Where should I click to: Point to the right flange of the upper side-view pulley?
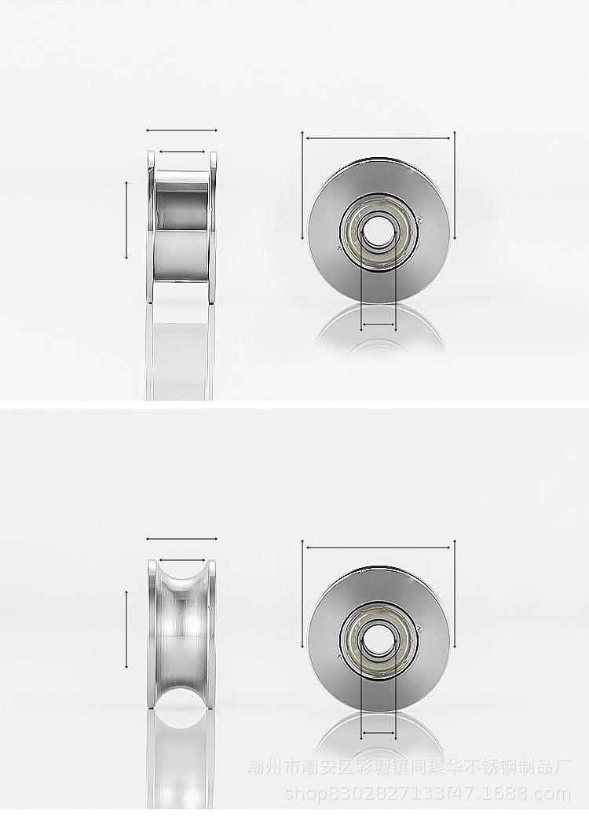click(x=213, y=227)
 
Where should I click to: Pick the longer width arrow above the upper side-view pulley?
click(x=181, y=130)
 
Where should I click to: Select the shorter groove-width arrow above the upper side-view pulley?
click(x=181, y=152)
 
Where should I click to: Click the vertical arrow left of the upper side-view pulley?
click(x=126, y=220)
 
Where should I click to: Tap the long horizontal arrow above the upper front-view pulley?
click(x=379, y=138)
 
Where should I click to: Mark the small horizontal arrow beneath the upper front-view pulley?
click(x=379, y=324)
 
